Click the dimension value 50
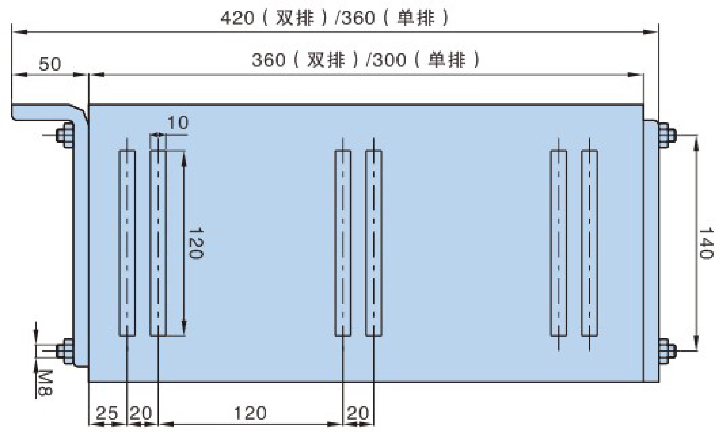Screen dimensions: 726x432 pyautogui.click(x=50, y=64)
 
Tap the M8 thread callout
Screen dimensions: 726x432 pyautogui.click(x=45, y=383)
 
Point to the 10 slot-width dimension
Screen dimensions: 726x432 pyautogui.click(x=178, y=122)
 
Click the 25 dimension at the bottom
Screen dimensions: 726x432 pyautogui.click(x=107, y=413)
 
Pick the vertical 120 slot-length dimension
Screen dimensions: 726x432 pyautogui.click(x=196, y=243)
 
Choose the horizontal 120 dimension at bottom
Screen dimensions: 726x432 pyautogui.click(x=250, y=413)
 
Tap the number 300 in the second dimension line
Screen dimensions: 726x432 pyautogui.click(x=389, y=60)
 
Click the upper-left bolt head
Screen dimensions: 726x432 pyautogui.click(x=64, y=136)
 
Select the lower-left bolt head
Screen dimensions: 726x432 pyautogui.click(x=64, y=351)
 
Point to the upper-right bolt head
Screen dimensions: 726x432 pyautogui.click(x=666, y=136)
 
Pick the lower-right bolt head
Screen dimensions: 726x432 pyautogui.click(x=666, y=351)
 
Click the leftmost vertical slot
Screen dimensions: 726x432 pyautogui.click(x=127, y=243)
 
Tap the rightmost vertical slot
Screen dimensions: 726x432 pyautogui.click(x=589, y=243)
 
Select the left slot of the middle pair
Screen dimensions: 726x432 pyautogui.click(x=343, y=243)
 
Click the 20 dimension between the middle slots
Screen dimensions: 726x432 pyautogui.click(x=358, y=413)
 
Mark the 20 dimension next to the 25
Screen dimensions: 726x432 pyautogui.click(x=141, y=413)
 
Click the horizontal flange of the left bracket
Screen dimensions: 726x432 pyautogui.click(x=46, y=112)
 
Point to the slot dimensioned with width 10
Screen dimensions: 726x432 pyautogui.click(x=158, y=243)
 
